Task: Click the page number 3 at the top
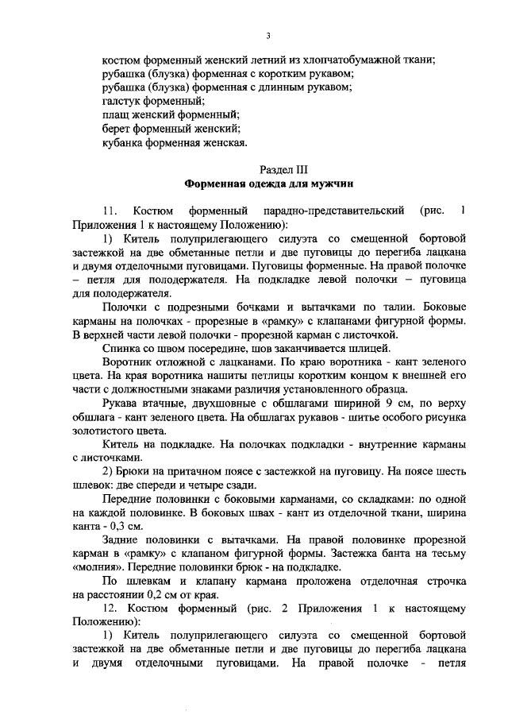point(269,36)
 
